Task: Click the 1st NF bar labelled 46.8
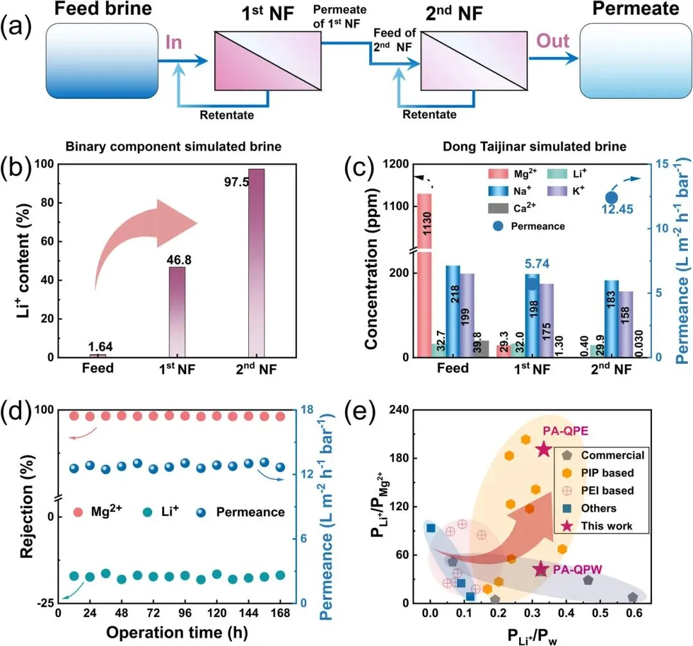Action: [x=177, y=312]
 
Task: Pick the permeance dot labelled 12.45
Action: [x=612, y=198]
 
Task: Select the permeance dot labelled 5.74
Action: [x=532, y=283]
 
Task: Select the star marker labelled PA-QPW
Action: [x=540, y=568]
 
